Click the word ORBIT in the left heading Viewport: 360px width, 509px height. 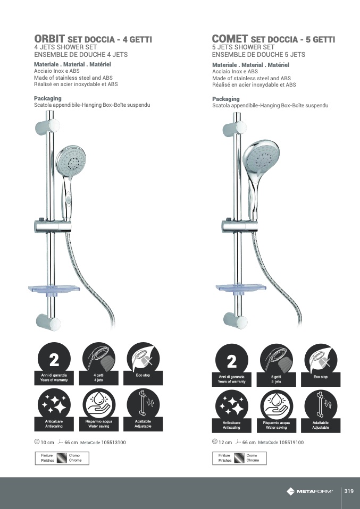tap(49, 39)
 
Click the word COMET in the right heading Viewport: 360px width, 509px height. tap(230, 39)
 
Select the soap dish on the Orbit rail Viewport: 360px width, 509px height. tap(54, 289)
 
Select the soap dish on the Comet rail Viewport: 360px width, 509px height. tap(241, 287)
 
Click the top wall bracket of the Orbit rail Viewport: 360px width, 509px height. tap(47, 126)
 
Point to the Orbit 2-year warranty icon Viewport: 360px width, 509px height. tap(54, 364)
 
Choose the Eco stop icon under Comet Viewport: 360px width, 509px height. tap(321, 365)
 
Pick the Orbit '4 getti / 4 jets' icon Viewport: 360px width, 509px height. tap(98, 364)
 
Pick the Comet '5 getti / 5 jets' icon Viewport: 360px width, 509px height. tap(276, 365)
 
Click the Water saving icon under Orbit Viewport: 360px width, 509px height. tap(98, 410)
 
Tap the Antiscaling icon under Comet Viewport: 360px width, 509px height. tap(232, 411)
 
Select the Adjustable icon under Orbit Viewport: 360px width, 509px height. tap(143, 410)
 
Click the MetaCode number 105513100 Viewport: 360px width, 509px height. tap(113, 443)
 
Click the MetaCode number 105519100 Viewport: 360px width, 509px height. tap(291, 443)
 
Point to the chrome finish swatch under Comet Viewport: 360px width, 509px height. tap(239, 458)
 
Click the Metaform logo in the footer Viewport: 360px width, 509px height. tap(309, 491)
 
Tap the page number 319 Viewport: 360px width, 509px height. tap(349, 491)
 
